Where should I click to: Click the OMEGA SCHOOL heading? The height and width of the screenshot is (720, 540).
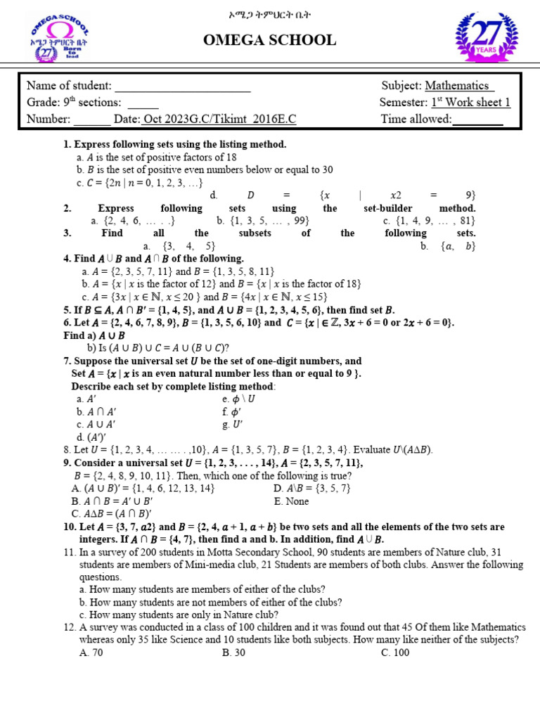[x=269, y=40]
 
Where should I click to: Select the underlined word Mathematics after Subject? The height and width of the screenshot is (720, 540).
[x=459, y=86]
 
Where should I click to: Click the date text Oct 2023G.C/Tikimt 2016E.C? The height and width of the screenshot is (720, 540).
[x=219, y=120]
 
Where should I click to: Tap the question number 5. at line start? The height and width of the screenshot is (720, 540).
[x=67, y=309]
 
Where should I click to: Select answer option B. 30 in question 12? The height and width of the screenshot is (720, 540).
[x=233, y=652]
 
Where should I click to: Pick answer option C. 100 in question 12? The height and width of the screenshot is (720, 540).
[x=395, y=652]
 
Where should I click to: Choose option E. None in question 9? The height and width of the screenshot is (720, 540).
[x=290, y=501]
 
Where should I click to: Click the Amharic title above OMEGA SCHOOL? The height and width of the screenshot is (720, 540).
[x=269, y=13]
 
